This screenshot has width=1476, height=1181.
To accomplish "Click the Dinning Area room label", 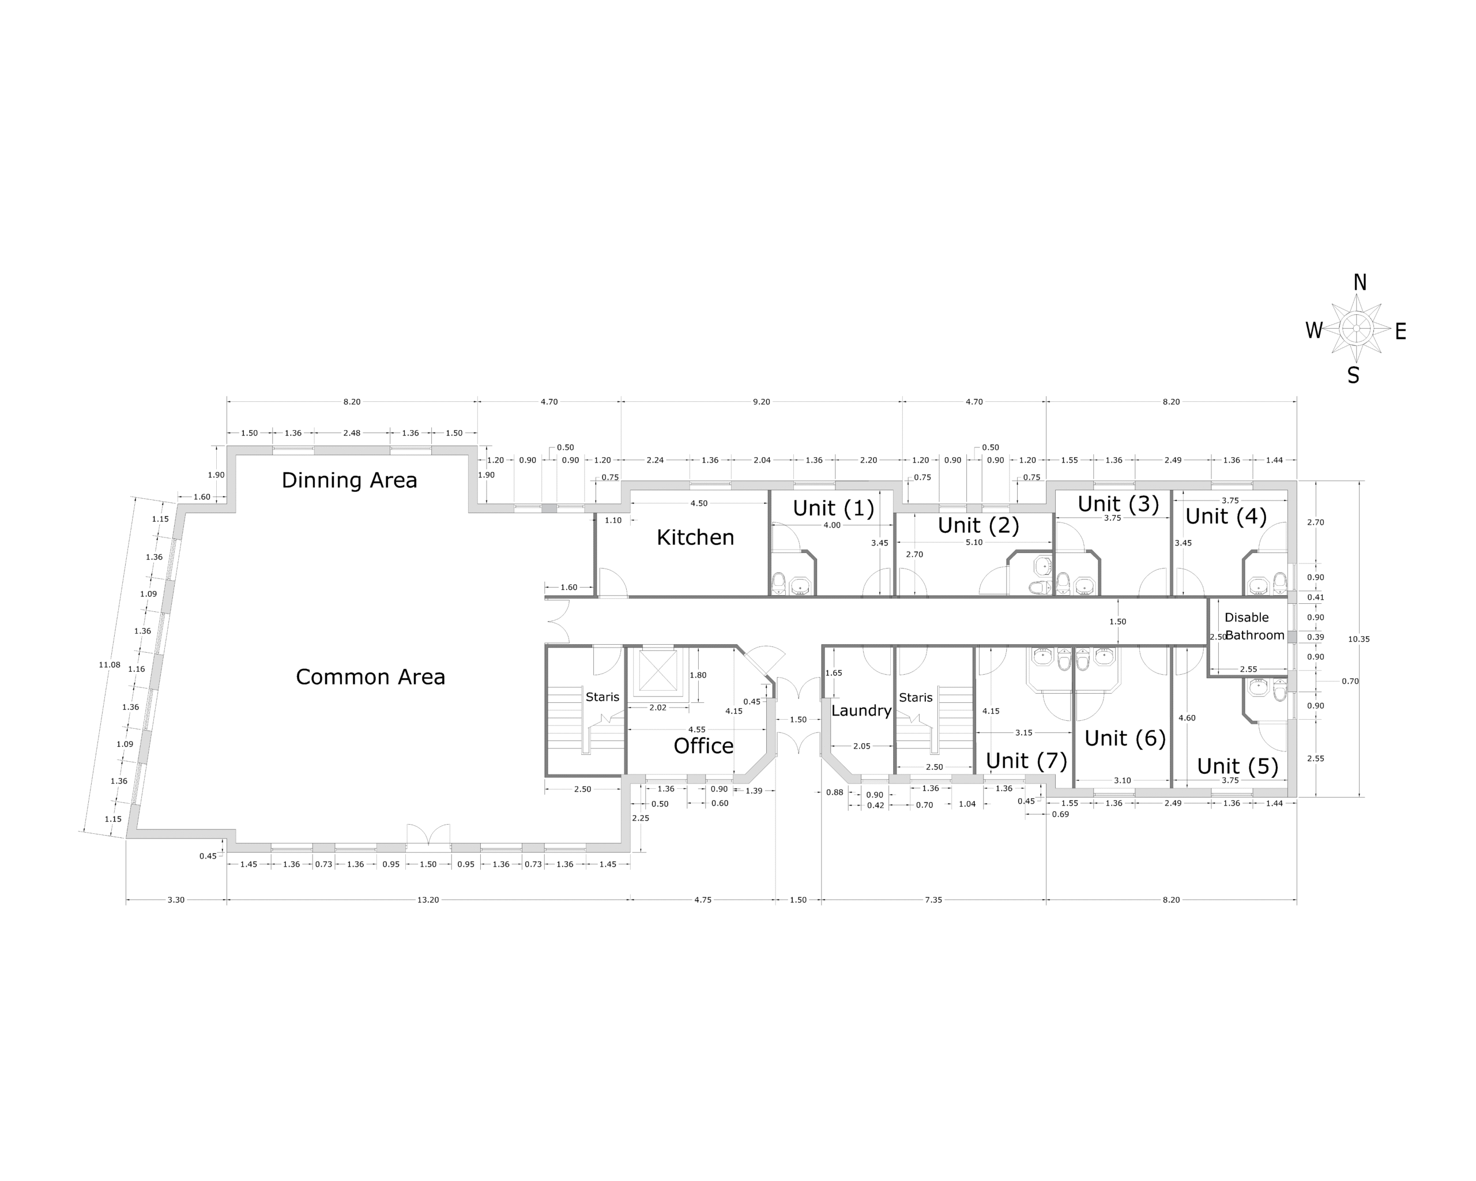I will pyautogui.click(x=349, y=480).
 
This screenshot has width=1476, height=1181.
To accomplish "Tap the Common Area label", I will pyautogui.click(x=370, y=677).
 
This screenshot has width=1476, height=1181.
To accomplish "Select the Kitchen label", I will pyautogui.click(x=695, y=537).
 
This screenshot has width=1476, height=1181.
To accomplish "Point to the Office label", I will pyautogui.click(x=703, y=746).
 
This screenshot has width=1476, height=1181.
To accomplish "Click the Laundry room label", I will pyautogui.click(x=861, y=710).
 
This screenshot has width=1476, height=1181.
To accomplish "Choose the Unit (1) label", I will pyautogui.click(x=833, y=508).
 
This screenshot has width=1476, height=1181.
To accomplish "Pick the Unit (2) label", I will pyautogui.click(x=978, y=525).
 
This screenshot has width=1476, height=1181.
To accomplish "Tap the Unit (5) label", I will pyautogui.click(x=1237, y=766).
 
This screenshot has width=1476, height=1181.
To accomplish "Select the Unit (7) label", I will pyautogui.click(x=1026, y=761).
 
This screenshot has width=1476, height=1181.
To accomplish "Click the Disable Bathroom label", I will pyautogui.click(x=1253, y=626).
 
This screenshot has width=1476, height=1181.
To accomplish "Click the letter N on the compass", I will pyautogui.click(x=1360, y=283).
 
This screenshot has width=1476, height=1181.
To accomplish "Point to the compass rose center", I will pyautogui.click(x=1356, y=329).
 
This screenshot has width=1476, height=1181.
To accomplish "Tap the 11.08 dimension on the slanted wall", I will pyautogui.click(x=110, y=665).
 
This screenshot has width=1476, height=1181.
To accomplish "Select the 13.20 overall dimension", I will pyautogui.click(x=428, y=900).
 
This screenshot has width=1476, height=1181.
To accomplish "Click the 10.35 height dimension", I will pyautogui.click(x=1358, y=640).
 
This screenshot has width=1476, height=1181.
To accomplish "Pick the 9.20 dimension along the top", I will pyautogui.click(x=761, y=402).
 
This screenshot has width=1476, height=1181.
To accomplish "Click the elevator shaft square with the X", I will pyautogui.click(x=657, y=670).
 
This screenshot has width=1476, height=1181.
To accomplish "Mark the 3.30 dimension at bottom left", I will pyautogui.click(x=176, y=900).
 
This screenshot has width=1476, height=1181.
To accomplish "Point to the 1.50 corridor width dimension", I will pyautogui.click(x=1117, y=622).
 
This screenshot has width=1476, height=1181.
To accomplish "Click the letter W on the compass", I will pyautogui.click(x=1313, y=330).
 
